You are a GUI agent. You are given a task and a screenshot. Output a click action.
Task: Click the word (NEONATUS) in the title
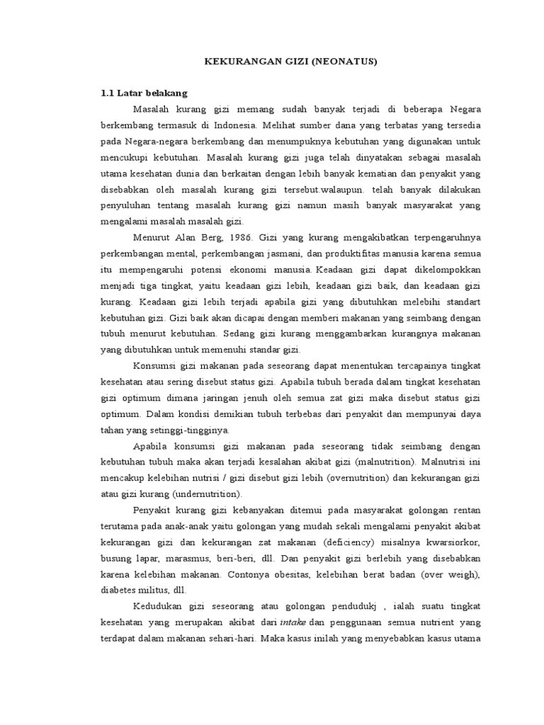342,62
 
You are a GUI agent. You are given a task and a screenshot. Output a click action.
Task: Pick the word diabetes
120,590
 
